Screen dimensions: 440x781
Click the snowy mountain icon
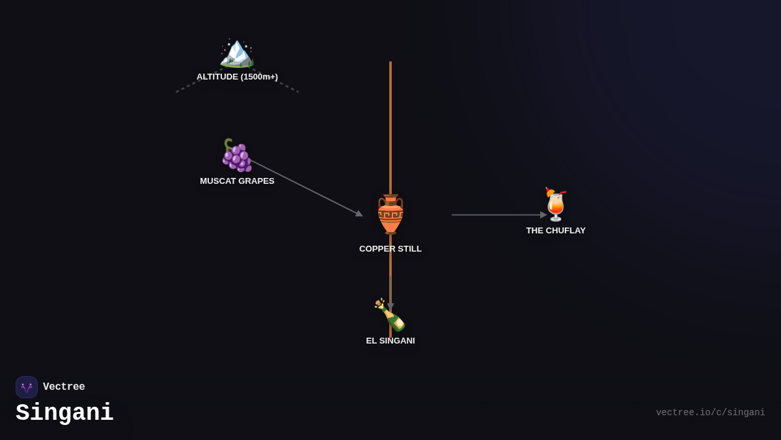coord(236,53)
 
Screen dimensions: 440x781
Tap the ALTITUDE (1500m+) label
coord(237,77)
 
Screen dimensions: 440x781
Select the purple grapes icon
coord(236,155)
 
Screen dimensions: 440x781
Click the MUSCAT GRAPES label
coord(237,181)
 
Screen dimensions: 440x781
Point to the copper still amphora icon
coord(390,214)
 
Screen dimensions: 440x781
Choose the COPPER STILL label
coord(390,249)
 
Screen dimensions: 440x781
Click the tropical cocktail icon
coord(556,205)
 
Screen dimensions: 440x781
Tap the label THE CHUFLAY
coord(556,231)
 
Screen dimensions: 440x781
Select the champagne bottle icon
coord(390,315)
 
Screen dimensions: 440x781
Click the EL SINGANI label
coord(390,341)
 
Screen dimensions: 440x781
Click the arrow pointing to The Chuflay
coord(498,215)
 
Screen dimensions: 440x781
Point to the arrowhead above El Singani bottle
coord(390,306)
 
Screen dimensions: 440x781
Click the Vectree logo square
coord(27,387)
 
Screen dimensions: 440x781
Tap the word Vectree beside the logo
coord(64,387)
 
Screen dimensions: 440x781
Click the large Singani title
coord(64,413)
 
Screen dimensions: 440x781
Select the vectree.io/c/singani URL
coord(710,413)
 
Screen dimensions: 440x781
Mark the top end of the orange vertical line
coord(390,63)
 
